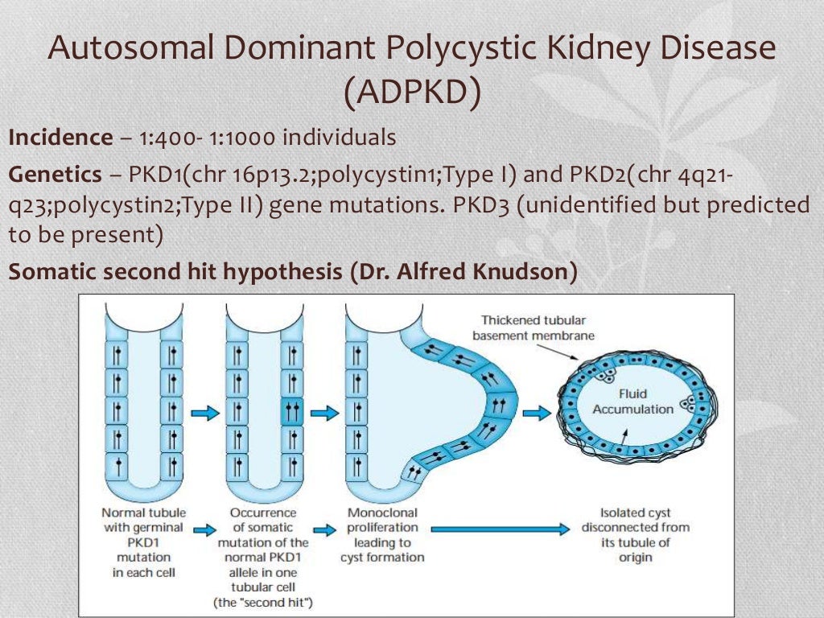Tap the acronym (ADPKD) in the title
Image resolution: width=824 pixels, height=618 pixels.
412,92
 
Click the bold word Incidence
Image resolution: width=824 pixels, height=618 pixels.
60,138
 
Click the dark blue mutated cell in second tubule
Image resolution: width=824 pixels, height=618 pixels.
290,411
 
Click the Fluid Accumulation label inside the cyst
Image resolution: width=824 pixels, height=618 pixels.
632,402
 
